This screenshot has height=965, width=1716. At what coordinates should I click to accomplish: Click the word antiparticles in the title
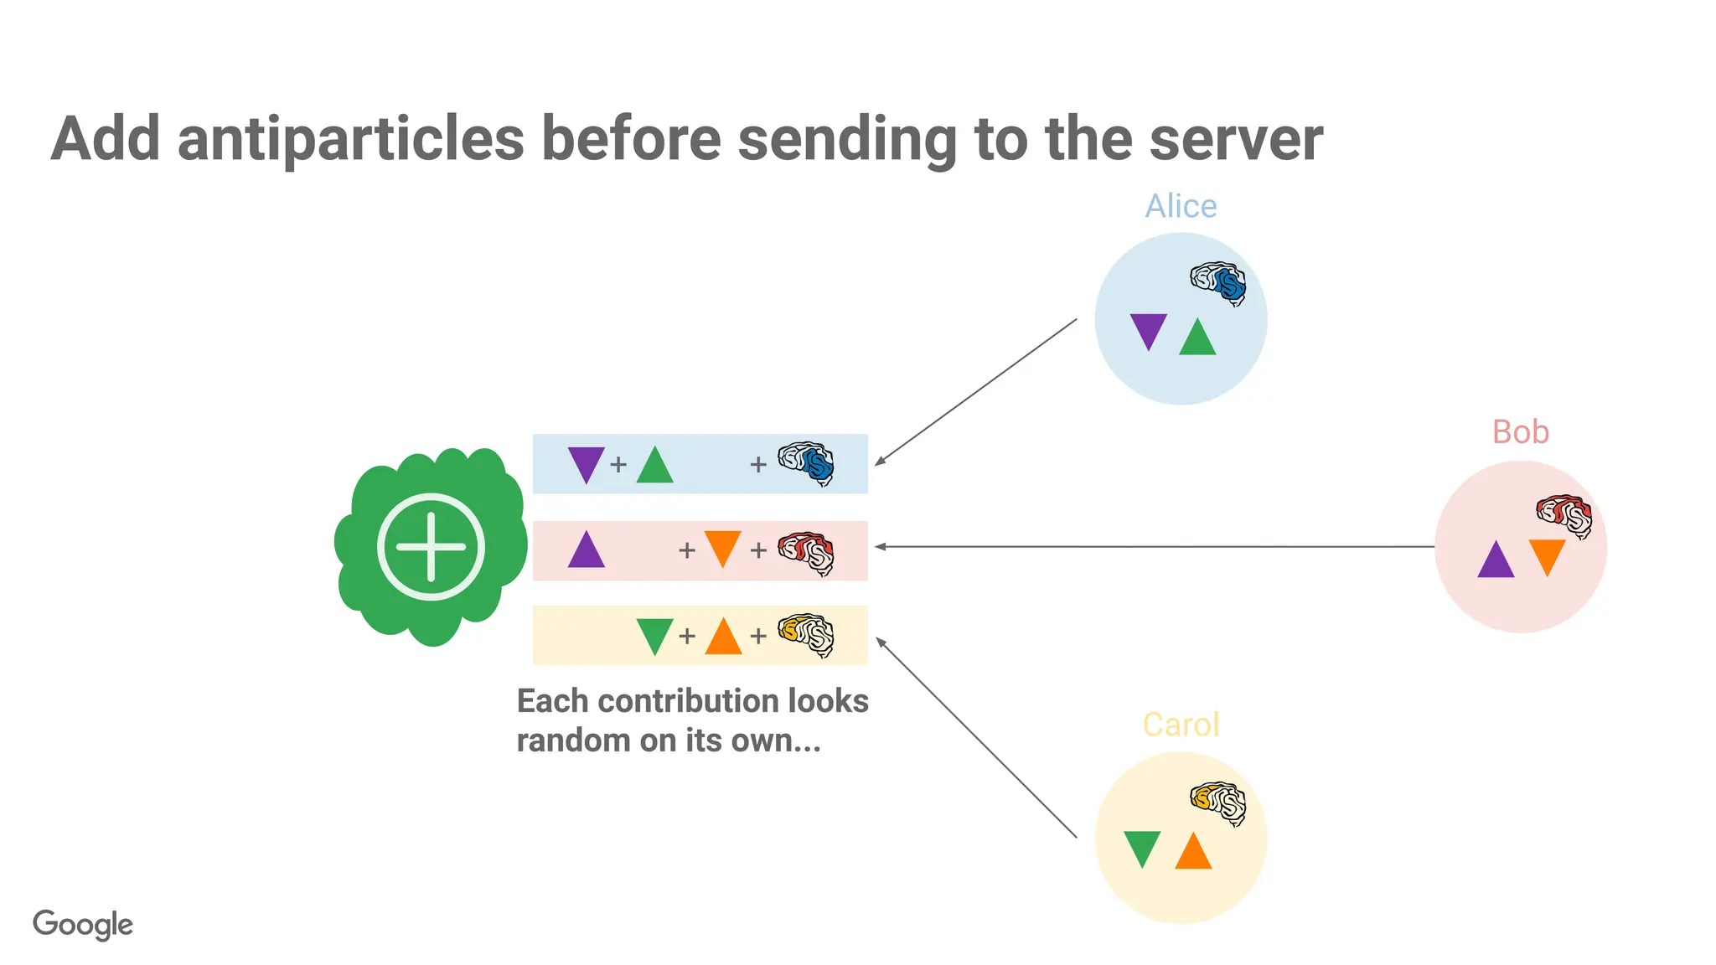[x=350, y=139]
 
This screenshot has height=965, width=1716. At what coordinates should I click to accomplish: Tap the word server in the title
[x=1236, y=139]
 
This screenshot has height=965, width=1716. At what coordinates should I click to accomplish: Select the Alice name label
[x=1181, y=206]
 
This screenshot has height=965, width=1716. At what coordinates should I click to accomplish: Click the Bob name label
[x=1520, y=432]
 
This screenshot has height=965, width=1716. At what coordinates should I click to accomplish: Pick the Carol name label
[x=1181, y=725]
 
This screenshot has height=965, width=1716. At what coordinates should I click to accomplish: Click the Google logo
[x=83, y=925]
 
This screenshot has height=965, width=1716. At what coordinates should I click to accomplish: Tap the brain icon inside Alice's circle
[x=1218, y=283]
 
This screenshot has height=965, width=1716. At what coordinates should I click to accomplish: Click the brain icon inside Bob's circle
[x=1564, y=515]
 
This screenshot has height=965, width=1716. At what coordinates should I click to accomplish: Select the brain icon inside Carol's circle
[x=1218, y=803]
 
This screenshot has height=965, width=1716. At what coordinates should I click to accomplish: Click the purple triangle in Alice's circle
[x=1148, y=329]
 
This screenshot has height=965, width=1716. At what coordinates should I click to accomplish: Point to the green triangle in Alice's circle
[x=1197, y=339]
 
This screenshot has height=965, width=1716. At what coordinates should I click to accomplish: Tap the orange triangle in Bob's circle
[x=1547, y=555]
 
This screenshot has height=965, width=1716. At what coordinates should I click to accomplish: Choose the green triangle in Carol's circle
[x=1142, y=847]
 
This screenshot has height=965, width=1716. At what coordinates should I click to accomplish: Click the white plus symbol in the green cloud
[x=431, y=547]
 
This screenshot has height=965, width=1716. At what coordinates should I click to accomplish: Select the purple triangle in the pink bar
[x=586, y=552]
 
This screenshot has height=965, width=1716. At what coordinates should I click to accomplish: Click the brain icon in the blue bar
[x=806, y=463]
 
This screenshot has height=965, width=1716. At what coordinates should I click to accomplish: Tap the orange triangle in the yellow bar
[x=723, y=637]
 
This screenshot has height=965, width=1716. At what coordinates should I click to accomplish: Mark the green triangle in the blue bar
[x=654, y=467]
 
